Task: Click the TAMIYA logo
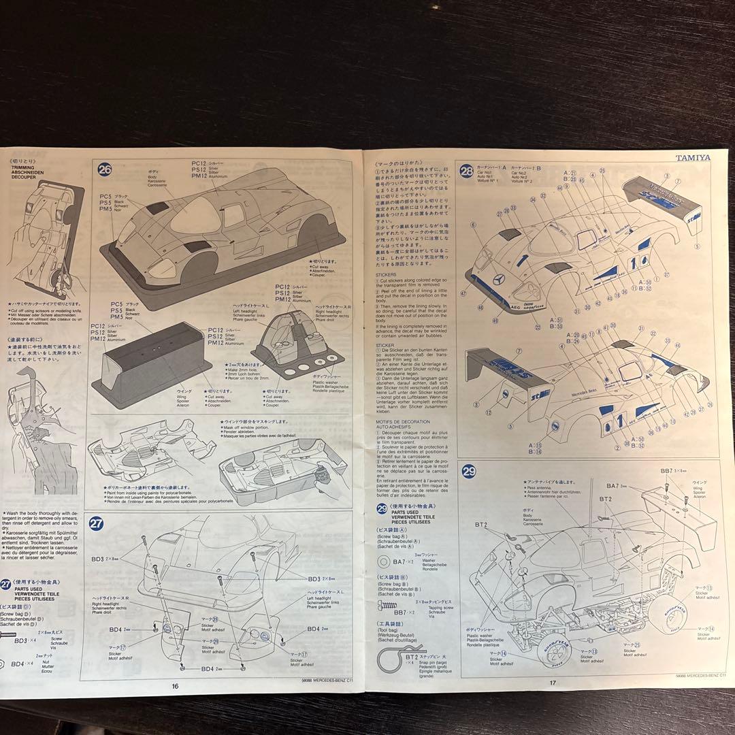pyautogui.click(x=693, y=157)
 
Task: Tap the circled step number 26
pyautogui.click(x=105, y=170)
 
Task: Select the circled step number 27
pyautogui.click(x=96, y=523)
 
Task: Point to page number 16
pyautogui.click(x=175, y=685)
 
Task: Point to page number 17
pyautogui.click(x=553, y=683)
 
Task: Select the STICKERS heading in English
pyautogui.click(x=385, y=274)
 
